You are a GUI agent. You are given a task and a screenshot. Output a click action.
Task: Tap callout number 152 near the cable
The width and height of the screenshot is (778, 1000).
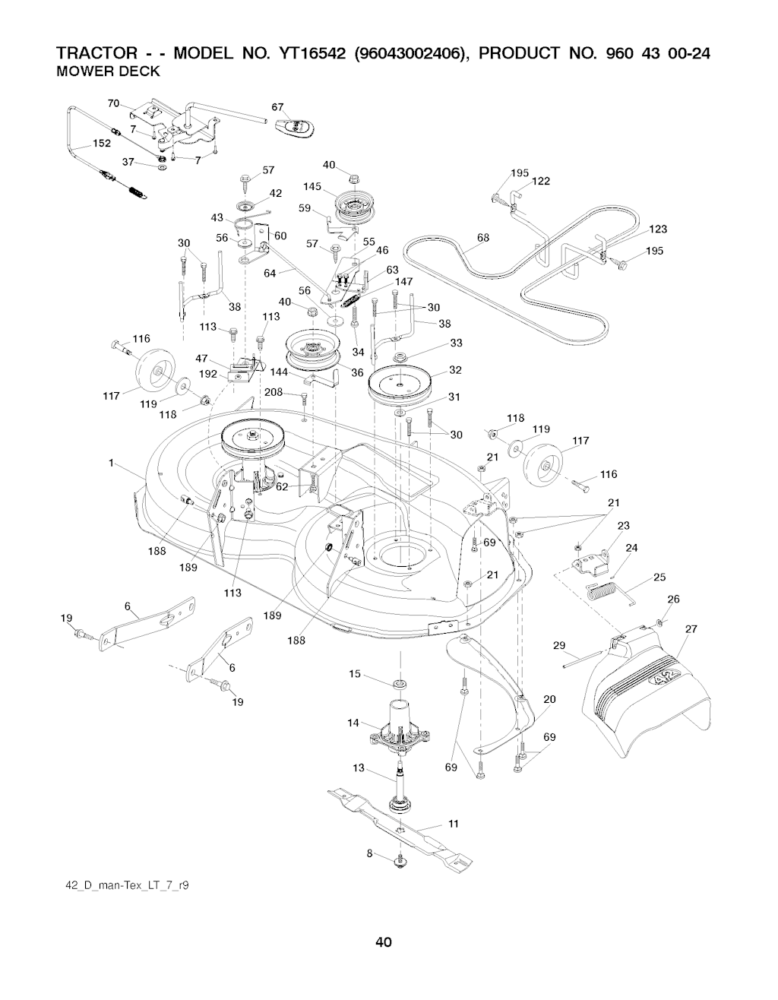point(102,144)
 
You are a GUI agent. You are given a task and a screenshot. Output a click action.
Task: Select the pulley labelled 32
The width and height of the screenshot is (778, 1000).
point(398,383)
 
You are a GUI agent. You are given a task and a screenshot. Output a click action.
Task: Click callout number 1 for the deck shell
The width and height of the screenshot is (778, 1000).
point(112,463)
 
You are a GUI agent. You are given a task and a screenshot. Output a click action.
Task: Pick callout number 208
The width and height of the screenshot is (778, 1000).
point(274,392)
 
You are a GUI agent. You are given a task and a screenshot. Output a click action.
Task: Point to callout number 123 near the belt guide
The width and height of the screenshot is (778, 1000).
point(658,229)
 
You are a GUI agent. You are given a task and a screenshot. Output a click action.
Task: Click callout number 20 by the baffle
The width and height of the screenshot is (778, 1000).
point(550,699)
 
